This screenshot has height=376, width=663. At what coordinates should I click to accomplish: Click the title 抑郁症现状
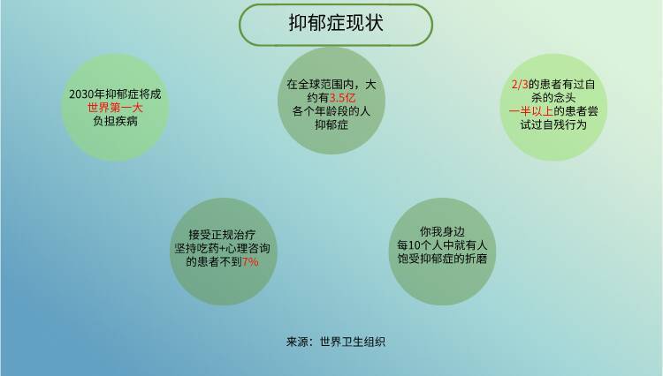click(x=336, y=23)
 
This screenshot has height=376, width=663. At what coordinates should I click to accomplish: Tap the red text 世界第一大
click(x=115, y=108)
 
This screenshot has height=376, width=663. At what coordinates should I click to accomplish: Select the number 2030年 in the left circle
click(x=88, y=94)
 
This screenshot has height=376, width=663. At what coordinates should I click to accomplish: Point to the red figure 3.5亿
click(x=342, y=98)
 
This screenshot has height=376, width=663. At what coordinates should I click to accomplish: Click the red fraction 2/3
click(x=520, y=85)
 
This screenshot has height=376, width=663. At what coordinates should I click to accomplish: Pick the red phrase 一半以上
click(x=531, y=111)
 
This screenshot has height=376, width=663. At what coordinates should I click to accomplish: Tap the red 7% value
click(x=250, y=262)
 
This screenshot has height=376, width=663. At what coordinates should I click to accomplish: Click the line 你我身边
click(x=442, y=231)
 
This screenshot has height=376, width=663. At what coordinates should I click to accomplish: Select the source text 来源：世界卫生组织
click(x=336, y=342)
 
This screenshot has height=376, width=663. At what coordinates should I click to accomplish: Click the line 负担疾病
click(x=115, y=121)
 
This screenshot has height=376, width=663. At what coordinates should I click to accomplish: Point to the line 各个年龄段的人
click(x=331, y=111)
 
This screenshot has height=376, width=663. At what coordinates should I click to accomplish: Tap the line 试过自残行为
click(x=553, y=125)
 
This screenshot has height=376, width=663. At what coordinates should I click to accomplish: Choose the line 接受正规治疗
click(x=222, y=235)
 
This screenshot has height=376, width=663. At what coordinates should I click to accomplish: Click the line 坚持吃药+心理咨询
click(x=222, y=248)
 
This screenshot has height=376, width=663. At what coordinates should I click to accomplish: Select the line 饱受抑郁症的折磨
click(x=442, y=259)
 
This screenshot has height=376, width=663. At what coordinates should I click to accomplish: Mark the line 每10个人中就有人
click(x=442, y=245)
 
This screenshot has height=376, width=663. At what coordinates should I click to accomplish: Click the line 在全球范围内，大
click(x=331, y=85)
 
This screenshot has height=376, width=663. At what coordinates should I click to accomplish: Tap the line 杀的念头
click(x=553, y=98)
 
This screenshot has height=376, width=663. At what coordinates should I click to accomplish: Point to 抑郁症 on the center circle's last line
click(x=331, y=125)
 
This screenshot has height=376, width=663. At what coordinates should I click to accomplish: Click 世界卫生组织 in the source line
click(x=353, y=342)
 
